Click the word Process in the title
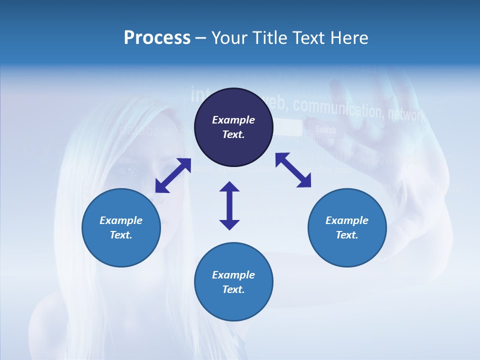157,37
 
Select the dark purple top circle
233,127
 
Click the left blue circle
121,227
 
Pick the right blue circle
347,227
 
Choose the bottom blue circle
233,281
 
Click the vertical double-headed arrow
229,205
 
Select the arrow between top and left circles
173,175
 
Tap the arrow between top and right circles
293,170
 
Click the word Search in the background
325,130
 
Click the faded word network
406,114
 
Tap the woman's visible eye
128,170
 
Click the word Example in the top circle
233,120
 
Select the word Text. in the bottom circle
233,289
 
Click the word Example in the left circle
121,220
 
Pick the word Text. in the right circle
347,235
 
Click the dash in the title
200,38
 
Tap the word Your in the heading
229,37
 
